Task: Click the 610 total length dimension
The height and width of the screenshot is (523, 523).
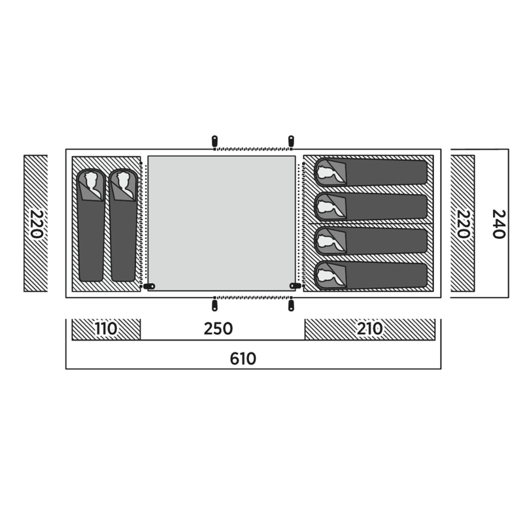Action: click(243, 359)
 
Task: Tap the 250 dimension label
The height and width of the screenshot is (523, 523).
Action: click(218, 329)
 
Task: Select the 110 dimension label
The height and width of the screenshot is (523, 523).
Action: click(106, 329)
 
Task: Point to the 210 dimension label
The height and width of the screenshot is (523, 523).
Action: click(369, 329)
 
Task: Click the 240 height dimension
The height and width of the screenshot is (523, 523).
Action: click(499, 224)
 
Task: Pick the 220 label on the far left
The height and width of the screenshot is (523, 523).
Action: click(37, 224)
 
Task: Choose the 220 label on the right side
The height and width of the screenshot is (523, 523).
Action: click(464, 224)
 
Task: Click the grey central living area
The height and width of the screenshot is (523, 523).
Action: click(222, 223)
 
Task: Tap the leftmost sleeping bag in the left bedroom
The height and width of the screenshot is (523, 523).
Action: click(91, 225)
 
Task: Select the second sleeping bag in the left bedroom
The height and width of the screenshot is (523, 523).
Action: click(124, 225)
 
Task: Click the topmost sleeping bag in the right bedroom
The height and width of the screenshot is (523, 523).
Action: click(371, 172)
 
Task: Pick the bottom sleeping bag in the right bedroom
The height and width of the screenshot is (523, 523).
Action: click(371, 275)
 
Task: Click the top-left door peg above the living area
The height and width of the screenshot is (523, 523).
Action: click(214, 141)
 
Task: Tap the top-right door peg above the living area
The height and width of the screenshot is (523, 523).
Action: click(291, 141)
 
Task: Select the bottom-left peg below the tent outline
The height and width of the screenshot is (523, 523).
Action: click(214, 305)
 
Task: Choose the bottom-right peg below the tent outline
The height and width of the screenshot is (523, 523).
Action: click(291, 305)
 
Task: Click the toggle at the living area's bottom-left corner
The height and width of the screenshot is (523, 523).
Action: click(149, 286)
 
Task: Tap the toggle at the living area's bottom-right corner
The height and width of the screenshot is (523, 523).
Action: click(295, 286)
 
